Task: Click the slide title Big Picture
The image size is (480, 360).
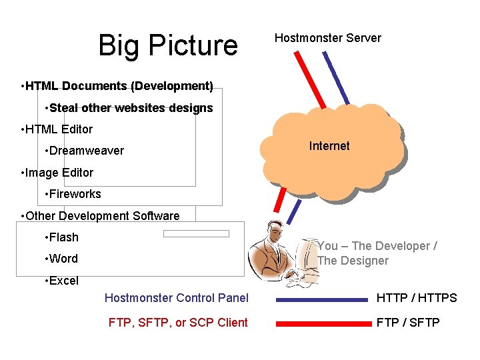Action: pyautogui.click(x=167, y=45)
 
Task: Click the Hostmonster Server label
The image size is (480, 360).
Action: pyautogui.click(x=327, y=38)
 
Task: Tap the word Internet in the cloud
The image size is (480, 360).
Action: pyautogui.click(x=329, y=146)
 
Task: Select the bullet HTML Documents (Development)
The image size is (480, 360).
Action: pyautogui.click(x=117, y=86)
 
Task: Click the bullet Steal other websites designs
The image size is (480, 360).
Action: pyautogui.click(x=129, y=107)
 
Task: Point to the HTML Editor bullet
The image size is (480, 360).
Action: pyautogui.click(x=57, y=129)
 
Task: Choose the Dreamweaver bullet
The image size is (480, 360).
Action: pyautogui.click(x=84, y=151)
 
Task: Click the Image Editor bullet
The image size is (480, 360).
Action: pyautogui.click(x=58, y=173)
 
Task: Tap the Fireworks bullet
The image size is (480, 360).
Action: pyautogui.click(x=73, y=194)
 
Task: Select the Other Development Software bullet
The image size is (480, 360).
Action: pyautogui.click(x=101, y=216)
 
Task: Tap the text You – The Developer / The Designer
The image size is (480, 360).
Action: pyautogui.click(x=377, y=253)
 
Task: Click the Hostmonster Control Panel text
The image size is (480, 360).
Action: pyautogui.click(x=176, y=298)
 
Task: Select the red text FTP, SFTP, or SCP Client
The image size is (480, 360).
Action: pyautogui.click(x=178, y=323)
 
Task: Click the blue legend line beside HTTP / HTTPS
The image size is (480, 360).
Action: pyautogui.click(x=323, y=299)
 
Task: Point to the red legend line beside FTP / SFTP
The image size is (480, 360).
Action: pyautogui.click(x=323, y=323)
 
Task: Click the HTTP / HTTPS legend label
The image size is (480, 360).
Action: pyautogui.click(x=417, y=298)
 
